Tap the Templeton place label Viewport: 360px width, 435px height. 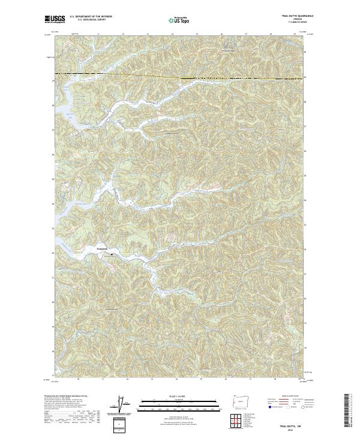[x=104, y=248]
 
